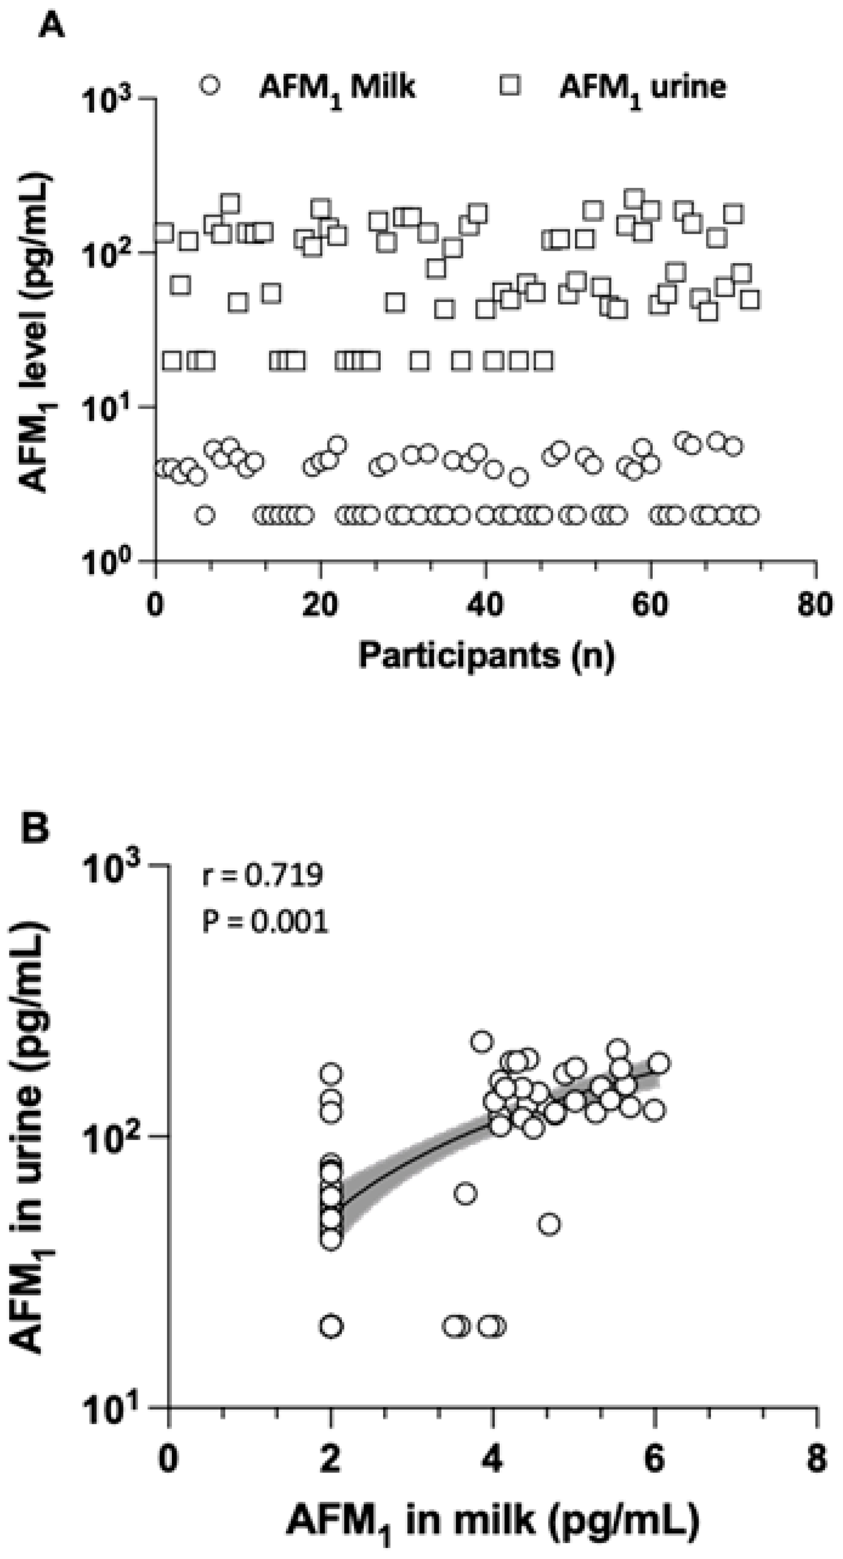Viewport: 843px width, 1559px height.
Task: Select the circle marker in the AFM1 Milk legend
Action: coord(210,85)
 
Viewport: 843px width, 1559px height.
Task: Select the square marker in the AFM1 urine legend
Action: coord(510,85)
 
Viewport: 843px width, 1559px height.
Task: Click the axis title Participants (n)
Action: coord(486,656)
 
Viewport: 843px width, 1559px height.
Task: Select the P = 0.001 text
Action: coord(265,923)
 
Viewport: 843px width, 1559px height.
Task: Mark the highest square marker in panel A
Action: coord(634,198)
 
